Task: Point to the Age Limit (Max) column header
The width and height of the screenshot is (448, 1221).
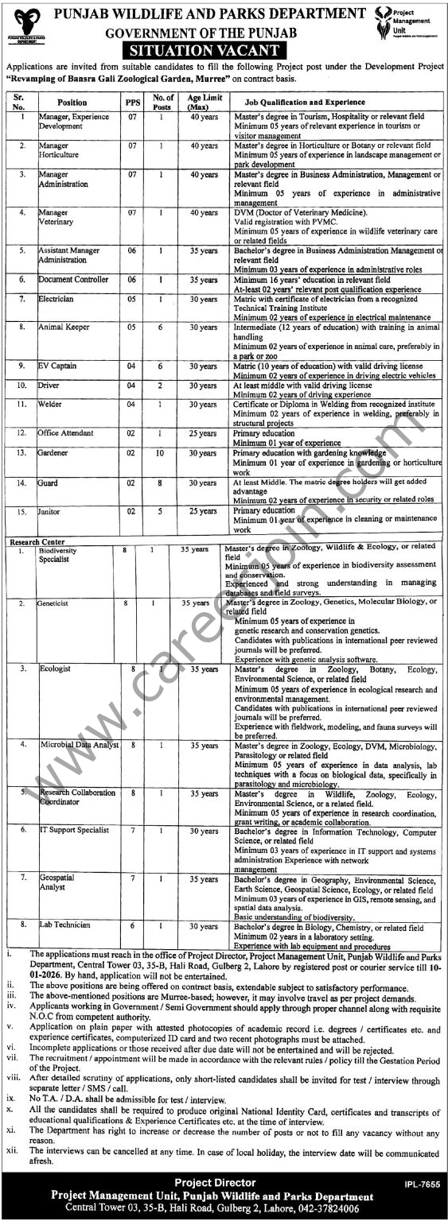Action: pos(203,102)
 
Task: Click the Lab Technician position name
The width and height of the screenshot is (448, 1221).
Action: pos(65,925)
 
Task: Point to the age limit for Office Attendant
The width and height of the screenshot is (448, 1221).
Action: pos(203,433)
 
